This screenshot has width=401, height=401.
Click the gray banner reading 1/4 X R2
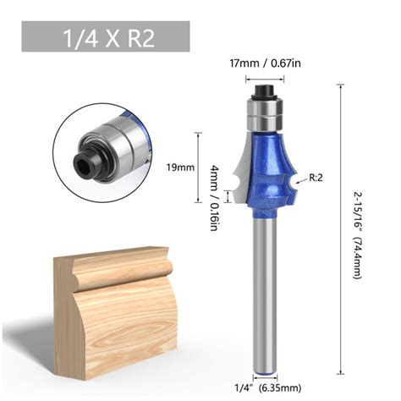click(106, 39)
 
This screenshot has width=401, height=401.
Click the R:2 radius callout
click(317, 178)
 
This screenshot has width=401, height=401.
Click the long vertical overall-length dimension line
click(343, 228)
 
